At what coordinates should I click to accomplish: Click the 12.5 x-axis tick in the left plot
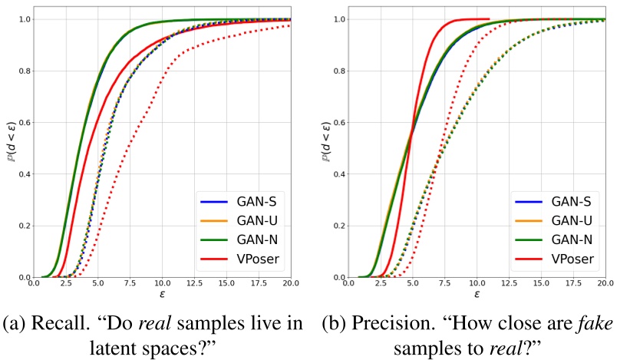pos(194,284)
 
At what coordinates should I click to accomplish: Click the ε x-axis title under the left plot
pos(163,296)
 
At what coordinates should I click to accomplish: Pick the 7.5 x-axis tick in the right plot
pos(446,284)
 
